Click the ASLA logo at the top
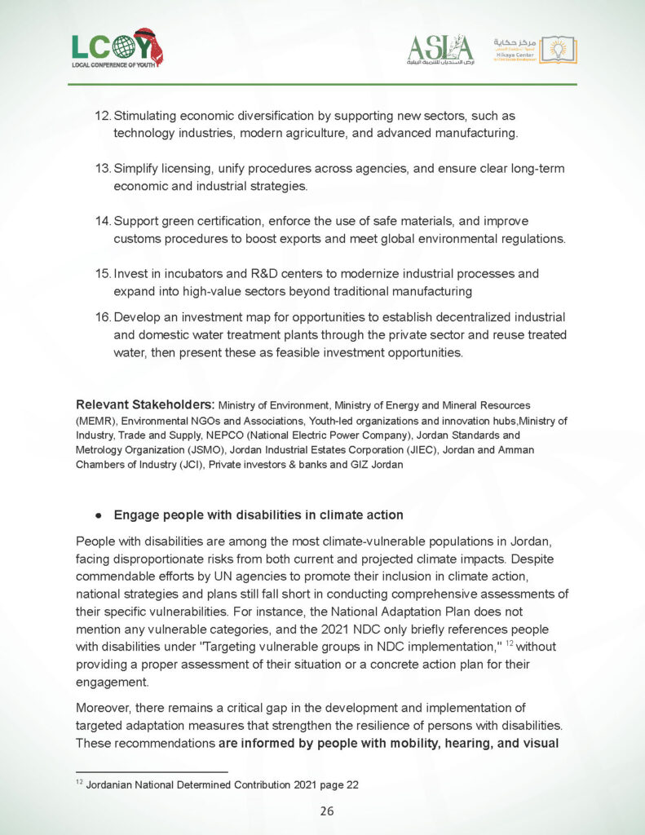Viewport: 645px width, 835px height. (x=440, y=50)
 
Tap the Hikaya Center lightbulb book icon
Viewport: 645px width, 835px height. (x=558, y=50)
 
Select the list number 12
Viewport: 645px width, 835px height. (x=103, y=117)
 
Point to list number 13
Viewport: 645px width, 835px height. (x=103, y=169)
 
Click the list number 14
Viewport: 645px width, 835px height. (x=103, y=221)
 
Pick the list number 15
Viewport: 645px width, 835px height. (x=103, y=274)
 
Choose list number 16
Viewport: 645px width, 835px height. (x=103, y=316)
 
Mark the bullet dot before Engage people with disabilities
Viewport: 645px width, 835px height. (x=97, y=516)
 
